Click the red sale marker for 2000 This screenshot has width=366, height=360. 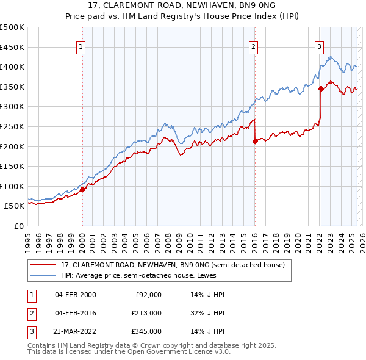coord(82,189)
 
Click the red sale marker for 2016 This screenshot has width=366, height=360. coord(254,141)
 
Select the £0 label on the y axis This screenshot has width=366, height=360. coord(19,226)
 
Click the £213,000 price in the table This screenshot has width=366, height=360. coord(146,313)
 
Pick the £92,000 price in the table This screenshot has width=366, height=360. coord(148,295)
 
